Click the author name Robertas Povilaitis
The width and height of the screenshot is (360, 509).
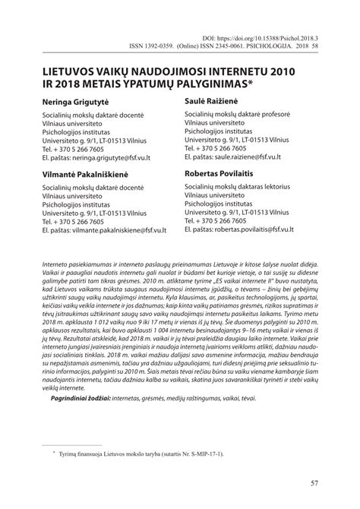click(x=224, y=174)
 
